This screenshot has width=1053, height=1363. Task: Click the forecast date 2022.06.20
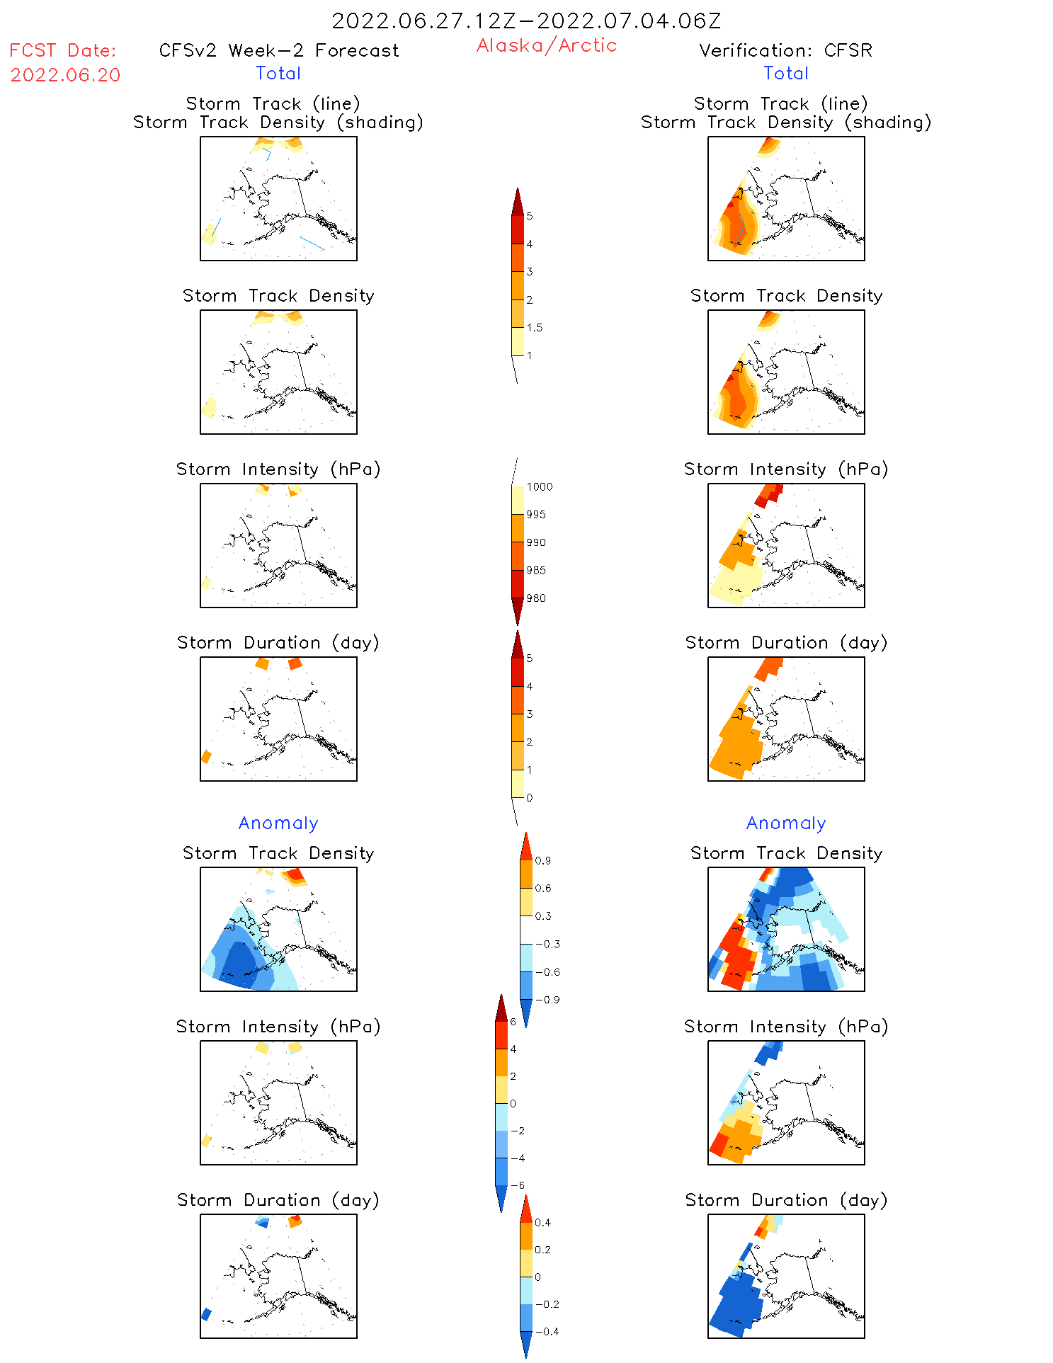point(65,75)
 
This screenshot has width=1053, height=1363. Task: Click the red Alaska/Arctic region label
point(546,45)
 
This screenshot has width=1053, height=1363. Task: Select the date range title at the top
point(526,21)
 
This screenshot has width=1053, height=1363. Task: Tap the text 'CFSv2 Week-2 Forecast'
point(278,50)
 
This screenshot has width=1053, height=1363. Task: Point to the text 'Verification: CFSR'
point(785,50)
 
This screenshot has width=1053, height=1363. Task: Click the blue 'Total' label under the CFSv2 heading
point(278,73)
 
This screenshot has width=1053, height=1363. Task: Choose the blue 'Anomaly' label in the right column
point(785,823)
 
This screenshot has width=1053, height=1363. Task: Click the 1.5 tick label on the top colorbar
point(535,327)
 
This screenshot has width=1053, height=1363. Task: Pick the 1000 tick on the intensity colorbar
point(539,486)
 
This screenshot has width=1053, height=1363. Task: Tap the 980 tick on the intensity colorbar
point(536,598)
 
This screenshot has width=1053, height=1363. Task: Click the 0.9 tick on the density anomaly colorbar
point(542,860)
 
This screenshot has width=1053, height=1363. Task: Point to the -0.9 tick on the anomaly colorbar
point(547,1000)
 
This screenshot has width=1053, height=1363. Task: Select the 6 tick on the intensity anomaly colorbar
point(513,1022)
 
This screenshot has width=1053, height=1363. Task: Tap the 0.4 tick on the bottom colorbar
point(542,1222)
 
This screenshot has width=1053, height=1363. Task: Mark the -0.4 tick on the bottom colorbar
point(547,1331)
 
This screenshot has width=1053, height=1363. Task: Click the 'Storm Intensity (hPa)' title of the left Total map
point(278,469)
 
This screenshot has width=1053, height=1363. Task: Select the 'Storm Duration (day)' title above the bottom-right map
point(785,1200)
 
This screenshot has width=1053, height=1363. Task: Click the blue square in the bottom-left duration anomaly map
point(207,1314)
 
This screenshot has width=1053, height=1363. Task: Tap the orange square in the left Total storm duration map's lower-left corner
point(207,756)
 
